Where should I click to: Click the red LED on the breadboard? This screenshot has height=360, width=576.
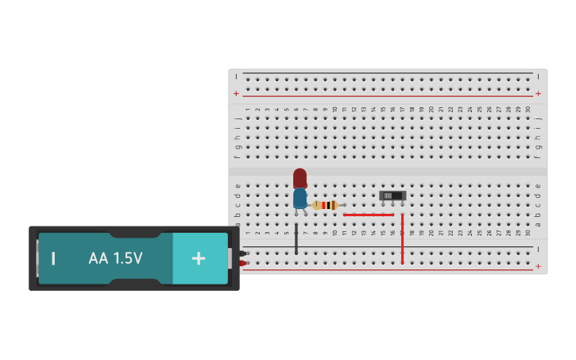point(300,177)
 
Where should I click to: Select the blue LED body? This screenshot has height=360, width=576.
point(300,198)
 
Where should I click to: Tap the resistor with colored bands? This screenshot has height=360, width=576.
point(325,205)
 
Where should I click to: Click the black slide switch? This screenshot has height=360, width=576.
point(392,195)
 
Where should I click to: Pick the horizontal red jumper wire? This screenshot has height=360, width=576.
point(368,215)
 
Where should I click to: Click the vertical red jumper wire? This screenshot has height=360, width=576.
point(402,238)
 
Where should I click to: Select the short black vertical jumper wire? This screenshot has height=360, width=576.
point(296,238)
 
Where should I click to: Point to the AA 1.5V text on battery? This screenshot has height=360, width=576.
point(115,258)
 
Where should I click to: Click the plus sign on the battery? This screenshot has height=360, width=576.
point(199,258)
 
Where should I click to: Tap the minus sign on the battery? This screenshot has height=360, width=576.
point(53,258)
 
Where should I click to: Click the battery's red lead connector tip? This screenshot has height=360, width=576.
point(243,263)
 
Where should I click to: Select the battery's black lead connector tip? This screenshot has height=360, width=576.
point(243,254)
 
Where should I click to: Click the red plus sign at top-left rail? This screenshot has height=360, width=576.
point(236,94)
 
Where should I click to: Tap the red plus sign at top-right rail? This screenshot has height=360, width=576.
point(539,94)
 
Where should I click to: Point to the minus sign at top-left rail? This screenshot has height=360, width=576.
point(236,76)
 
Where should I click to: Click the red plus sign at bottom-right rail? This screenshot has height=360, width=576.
point(539,266)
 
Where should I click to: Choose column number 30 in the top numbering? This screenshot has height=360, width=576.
point(528,109)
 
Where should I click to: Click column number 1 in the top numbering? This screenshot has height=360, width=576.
point(248,109)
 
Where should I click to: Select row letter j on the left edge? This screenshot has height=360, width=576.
point(238,118)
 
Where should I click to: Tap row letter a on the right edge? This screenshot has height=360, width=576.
point(538,215)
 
